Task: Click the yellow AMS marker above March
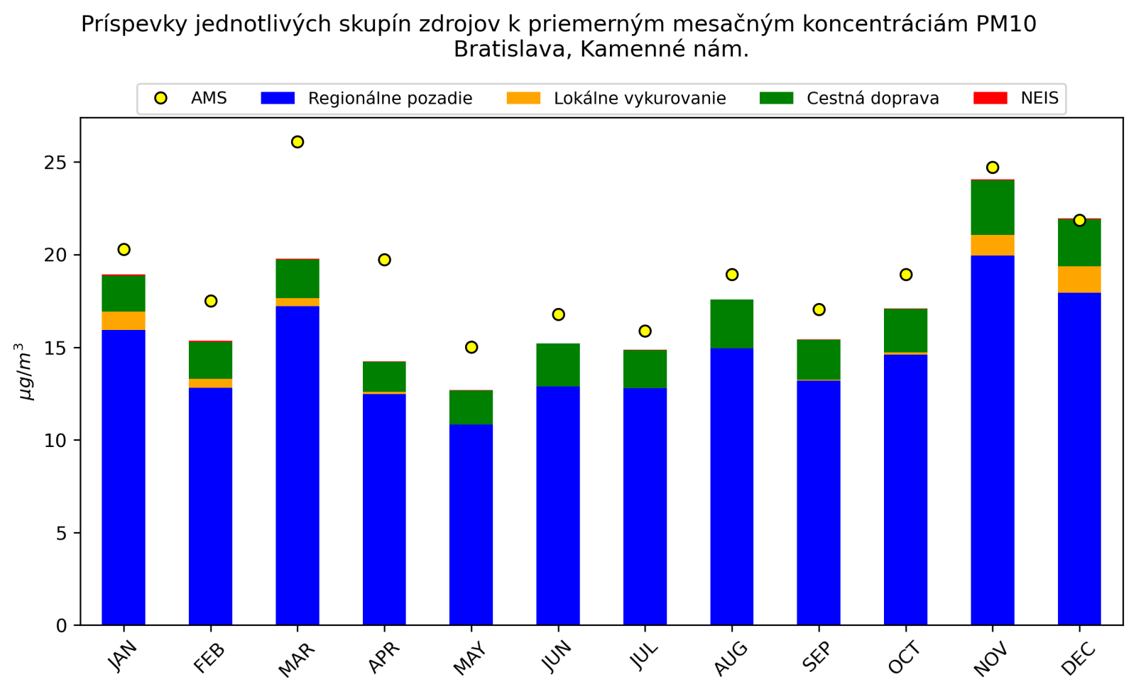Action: (297, 142)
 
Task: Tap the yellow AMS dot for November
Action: (993, 167)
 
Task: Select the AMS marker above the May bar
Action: (471, 347)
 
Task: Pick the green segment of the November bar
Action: (993, 207)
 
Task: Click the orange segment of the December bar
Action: (1079, 280)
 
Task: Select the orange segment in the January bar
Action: (124, 321)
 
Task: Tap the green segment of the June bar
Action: (558, 365)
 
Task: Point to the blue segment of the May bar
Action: (471, 524)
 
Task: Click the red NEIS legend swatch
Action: (990, 98)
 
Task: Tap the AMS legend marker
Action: (161, 98)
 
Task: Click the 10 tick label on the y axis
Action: (56, 441)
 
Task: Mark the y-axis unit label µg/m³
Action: (25, 372)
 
